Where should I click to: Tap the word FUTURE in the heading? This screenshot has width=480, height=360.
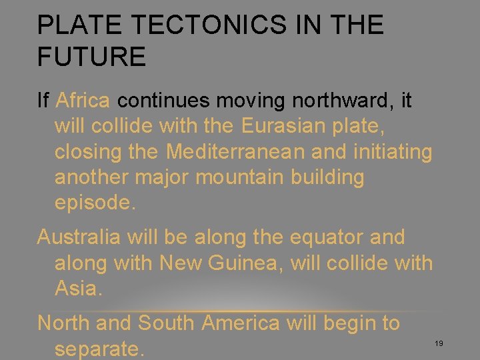point(91,57)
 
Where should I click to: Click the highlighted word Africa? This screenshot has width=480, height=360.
point(83,101)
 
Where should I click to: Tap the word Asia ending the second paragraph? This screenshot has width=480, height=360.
point(78,288)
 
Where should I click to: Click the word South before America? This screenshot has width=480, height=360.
point(166,323)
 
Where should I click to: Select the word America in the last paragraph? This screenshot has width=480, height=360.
point(241,323)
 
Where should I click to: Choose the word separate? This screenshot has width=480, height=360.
point(99,348)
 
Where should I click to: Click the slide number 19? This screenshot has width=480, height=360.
point(439,343)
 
